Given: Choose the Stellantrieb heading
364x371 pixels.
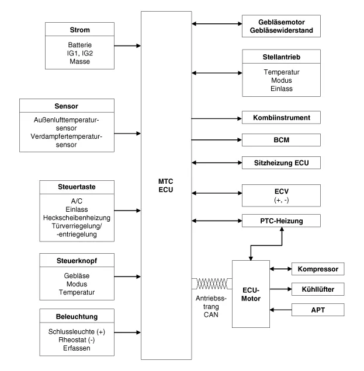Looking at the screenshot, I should pos(282,57).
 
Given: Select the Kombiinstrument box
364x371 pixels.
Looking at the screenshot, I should pos(282,117).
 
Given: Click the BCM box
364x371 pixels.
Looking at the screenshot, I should pos(282,139).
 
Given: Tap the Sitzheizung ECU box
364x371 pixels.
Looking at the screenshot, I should pos(282,162).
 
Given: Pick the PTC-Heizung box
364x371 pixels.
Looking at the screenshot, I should pos(282,220).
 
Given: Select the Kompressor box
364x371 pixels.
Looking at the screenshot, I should pos(319,269).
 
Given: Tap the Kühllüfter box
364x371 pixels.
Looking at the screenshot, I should pos(319,288).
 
